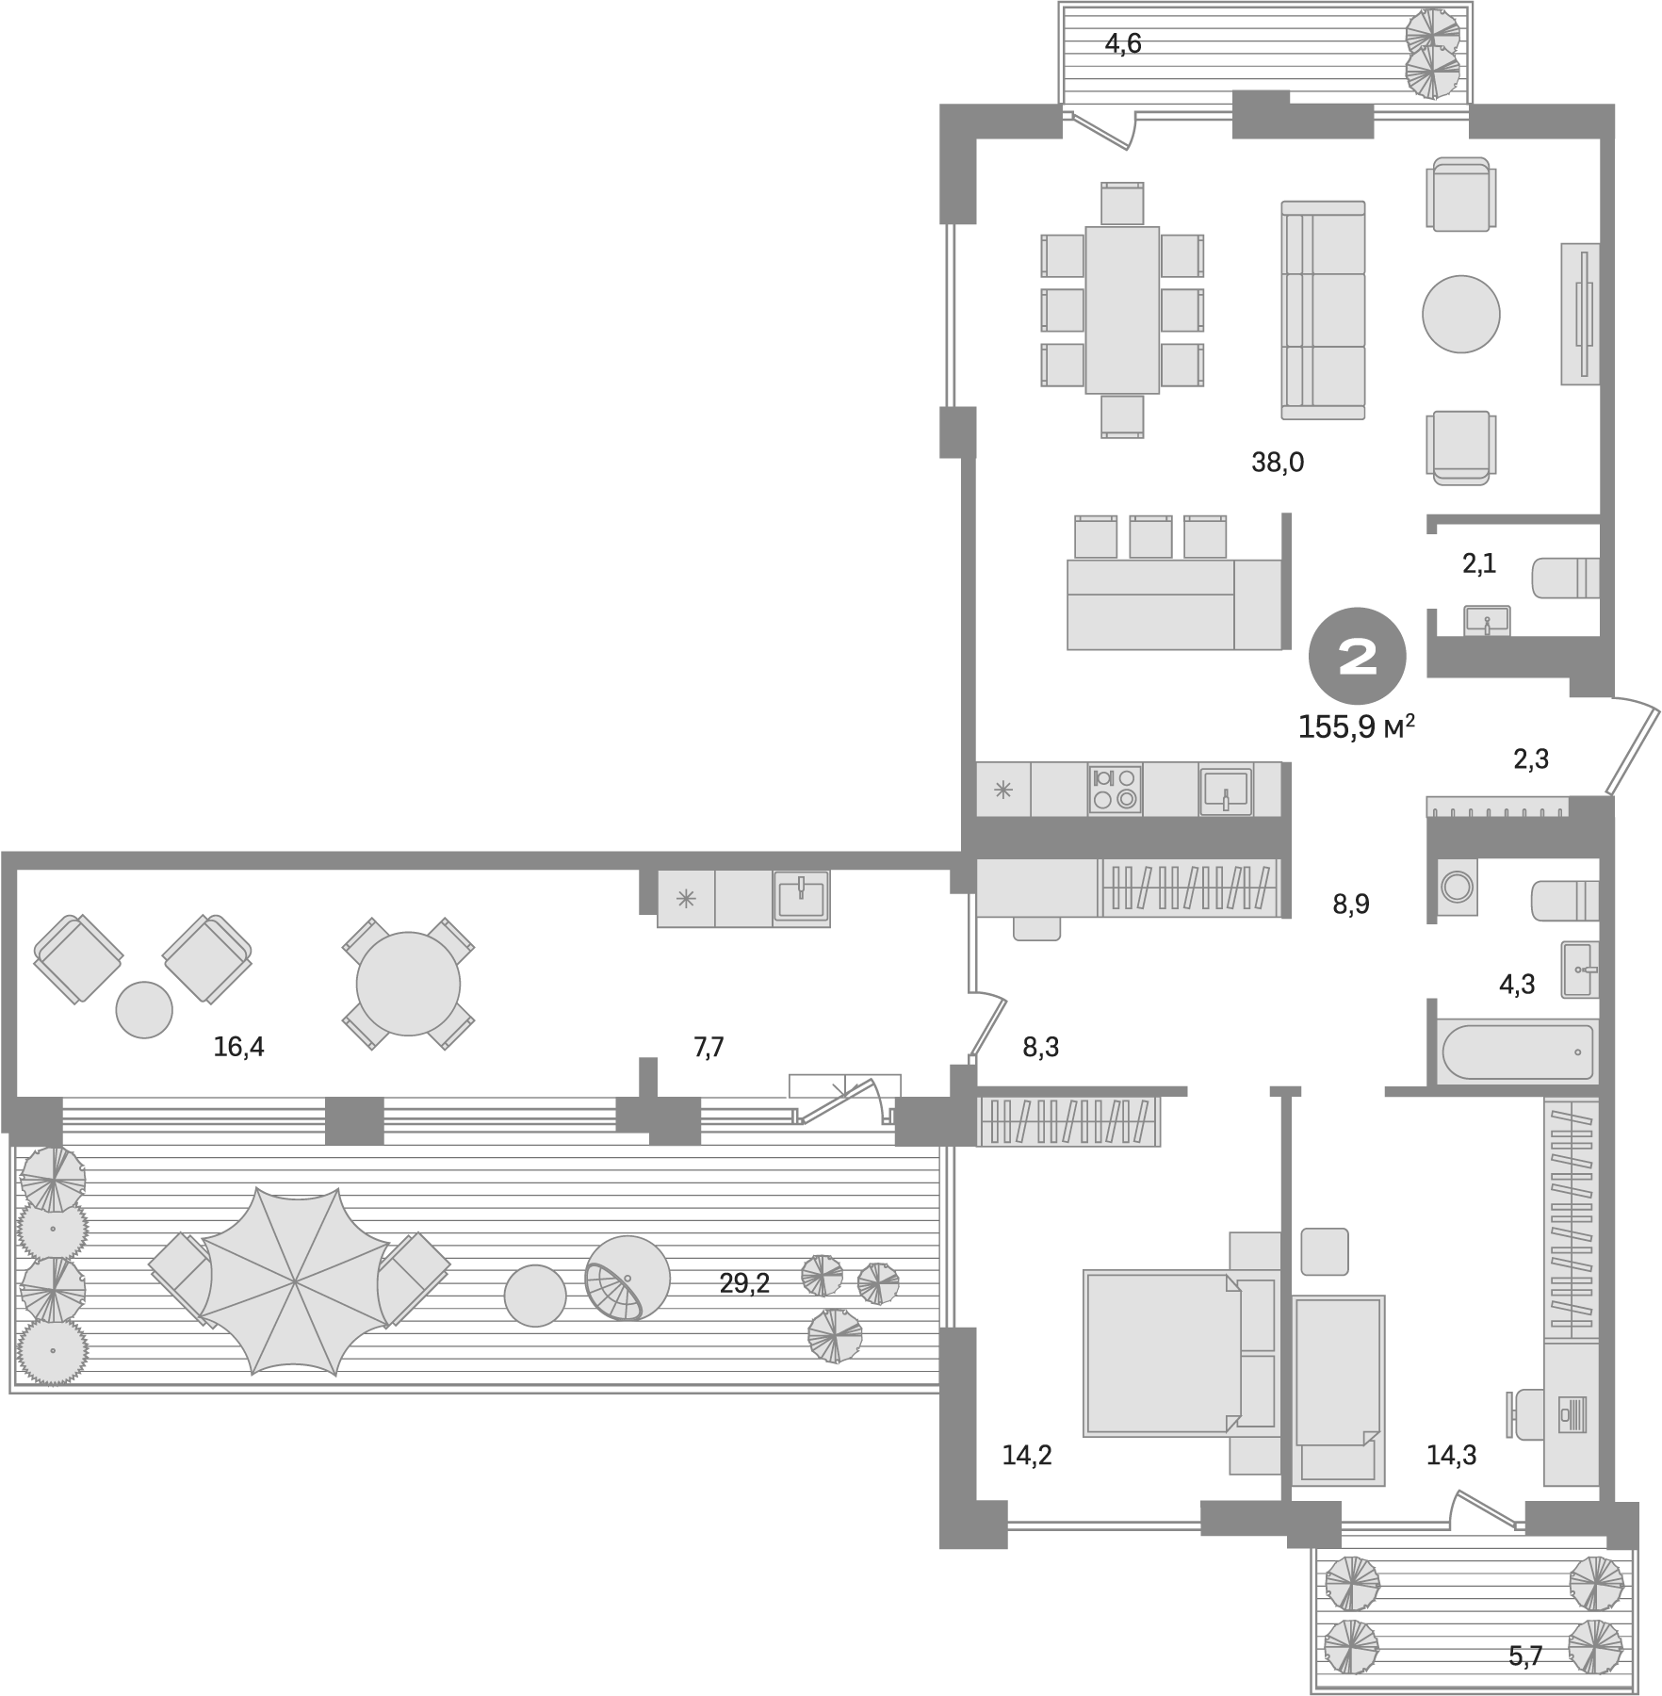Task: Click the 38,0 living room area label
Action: click(x=1278, y=463)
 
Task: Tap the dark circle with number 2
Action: click(x=1358, y=659)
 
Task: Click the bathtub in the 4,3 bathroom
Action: click(x=1517, y=1052)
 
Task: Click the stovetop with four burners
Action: click(x=1115, y=789)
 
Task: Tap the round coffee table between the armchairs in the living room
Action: click(x=1460, y=314)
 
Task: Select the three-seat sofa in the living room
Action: click(x=1323, y=310)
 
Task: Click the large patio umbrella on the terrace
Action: click(x=294, y=1280)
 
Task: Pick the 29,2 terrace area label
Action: click(x=744, y=1283)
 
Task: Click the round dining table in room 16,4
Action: click(x=408, y=984)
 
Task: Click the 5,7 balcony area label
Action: click(x=1524, y=1655)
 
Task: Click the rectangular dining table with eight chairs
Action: click(x=1121, y=310)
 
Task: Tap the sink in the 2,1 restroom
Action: click(x=1487, y=620)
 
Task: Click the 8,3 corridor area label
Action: click(x=1040, y=1047)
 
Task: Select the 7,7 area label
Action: click(x=709, y=1047)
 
